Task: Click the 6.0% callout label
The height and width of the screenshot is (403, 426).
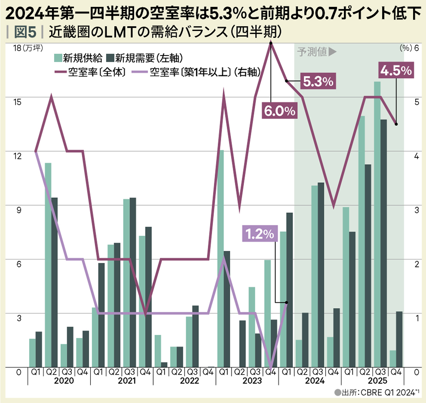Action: pyautogui.click(x=279, y=111)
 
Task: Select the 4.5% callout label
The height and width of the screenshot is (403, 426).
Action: pyautogui.click(x=395, y=71)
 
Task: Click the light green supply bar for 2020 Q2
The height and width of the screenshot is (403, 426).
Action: pyautogui.click(x=48, y=265)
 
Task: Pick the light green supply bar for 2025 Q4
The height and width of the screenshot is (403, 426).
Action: pyautogui.click(x=392, y=359)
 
